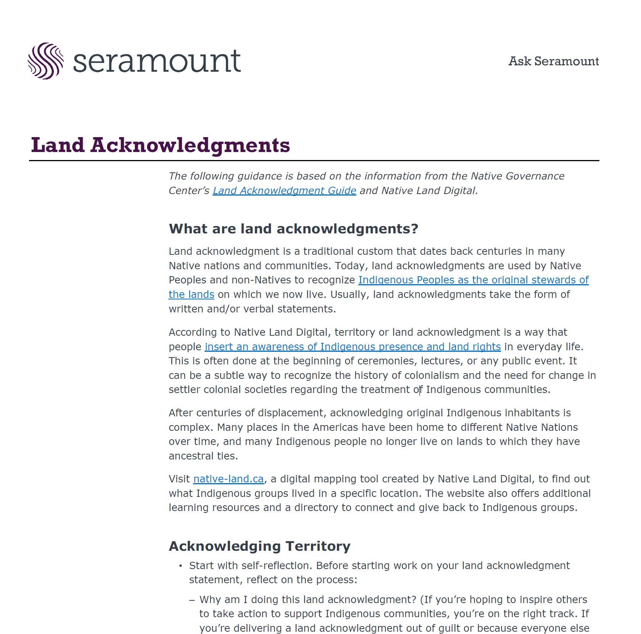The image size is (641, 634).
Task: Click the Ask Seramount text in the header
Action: (x=553, y=61)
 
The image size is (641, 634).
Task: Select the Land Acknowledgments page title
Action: (x=160, y=145)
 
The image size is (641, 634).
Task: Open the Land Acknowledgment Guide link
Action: (x=284, y=191)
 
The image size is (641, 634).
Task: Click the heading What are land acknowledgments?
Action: (x=293, y=229)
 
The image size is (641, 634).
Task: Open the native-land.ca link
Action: (x=228, y=479)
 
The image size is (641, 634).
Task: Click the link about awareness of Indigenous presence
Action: (x=353, y=347)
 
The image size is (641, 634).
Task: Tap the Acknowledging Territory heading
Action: (x=259, y=546)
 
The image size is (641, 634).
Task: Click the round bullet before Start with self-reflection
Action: (x=180, y=566)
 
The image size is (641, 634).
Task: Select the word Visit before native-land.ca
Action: (x=179, y=479)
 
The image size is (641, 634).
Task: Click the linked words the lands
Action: (x=191, y=294)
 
